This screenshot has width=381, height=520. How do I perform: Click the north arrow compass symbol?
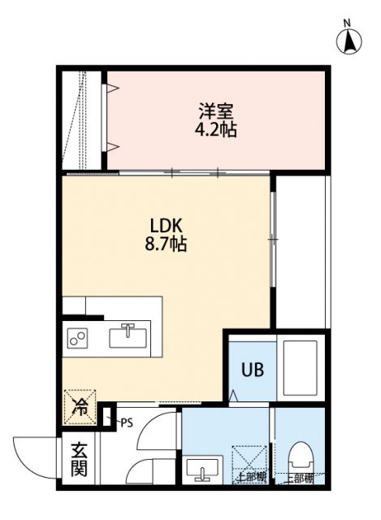(349, 40)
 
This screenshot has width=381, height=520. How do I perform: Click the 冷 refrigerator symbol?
(80, 403)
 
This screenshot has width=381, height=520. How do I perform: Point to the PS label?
(126, 422)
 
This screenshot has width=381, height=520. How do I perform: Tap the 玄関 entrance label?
(79, 459)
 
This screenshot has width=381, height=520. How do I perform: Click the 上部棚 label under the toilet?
(301, 478)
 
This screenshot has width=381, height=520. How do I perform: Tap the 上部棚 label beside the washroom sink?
(250, 478)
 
